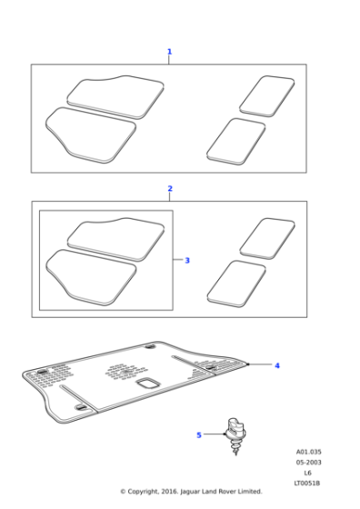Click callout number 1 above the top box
tap(169, 53)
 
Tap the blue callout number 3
tap(187, 261)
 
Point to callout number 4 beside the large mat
tap(277, 365)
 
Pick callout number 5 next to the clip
tap(199, 435)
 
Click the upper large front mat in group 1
tap(115, 94)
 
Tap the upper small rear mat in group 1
tap(265, 95)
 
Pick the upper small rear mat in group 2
tap(266, 236)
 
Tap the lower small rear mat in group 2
tap(236, 281)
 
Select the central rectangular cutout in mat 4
tap(146, 385)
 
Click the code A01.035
tap(308, 452)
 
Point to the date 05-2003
tap(308, 462)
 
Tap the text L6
tap(308, 472)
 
